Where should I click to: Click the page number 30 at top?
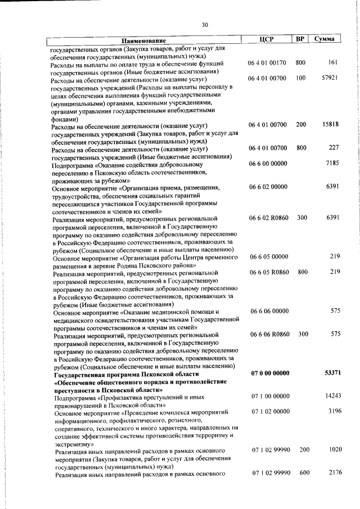pos(205,24)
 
